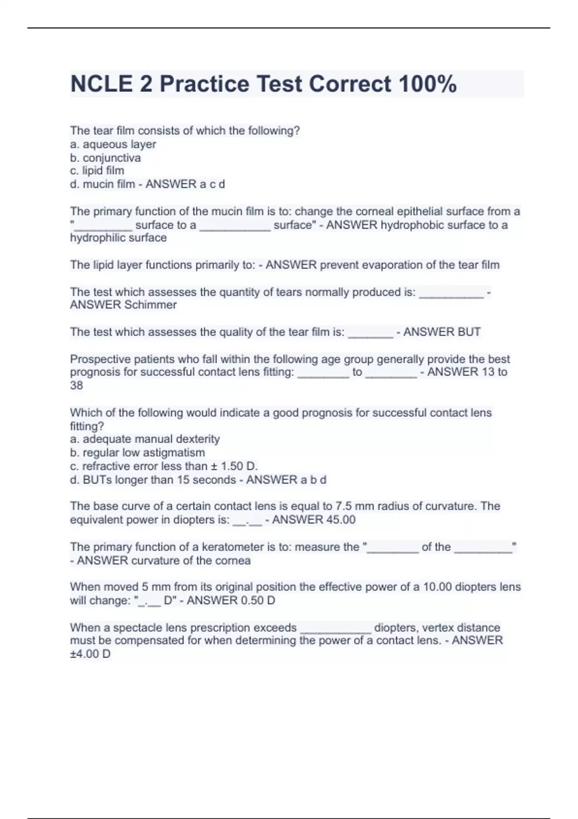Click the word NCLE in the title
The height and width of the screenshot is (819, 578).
[x=101, y=84]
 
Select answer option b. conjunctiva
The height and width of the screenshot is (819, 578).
[x=105, y=158]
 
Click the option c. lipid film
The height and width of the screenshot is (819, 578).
[x=97, y=171]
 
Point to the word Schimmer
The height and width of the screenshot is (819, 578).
[x=150, y=304]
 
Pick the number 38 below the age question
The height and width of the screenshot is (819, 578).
[x=77, y=385]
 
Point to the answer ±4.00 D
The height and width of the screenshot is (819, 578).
[x=90, y=654]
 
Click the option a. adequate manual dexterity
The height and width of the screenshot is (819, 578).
[x=145, y=439]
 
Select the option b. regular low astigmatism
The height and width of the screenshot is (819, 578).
[x=137, y=452]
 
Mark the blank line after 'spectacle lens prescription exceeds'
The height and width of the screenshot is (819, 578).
[x=335, y=628]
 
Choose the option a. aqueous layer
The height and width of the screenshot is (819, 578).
[x=113, y=144]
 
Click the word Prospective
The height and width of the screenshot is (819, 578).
[x=98, y=359]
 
